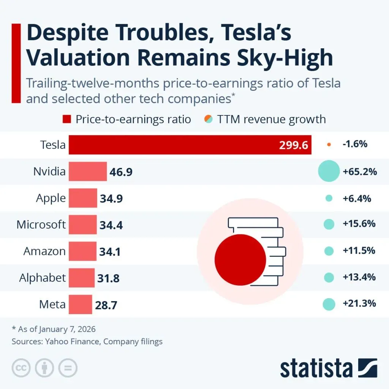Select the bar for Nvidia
click(x=88, y=171)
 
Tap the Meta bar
click(x=80, y=304)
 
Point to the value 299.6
click(x=293, y=145)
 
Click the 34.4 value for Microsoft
click(x=111, y=225)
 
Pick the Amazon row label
click(x=44, y=251)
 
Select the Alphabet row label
click(x=43, y=278)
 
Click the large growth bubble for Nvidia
click(x=328, y=171)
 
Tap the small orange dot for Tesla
click(x=329, y=145)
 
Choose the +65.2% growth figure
click(x=359, y=171)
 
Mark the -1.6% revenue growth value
click(x=357, y=145)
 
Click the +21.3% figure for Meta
click(x=359, y=304)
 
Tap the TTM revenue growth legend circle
click(x=208, y=119)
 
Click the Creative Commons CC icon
click(x=21, y=368)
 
